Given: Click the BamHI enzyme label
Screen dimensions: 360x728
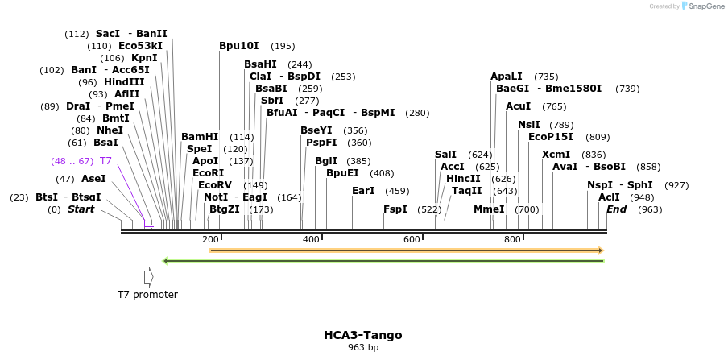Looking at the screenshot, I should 200,137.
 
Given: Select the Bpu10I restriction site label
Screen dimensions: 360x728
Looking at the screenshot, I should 239,46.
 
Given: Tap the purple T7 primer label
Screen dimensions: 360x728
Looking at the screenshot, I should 105,161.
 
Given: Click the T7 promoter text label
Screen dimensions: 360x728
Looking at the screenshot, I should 147,295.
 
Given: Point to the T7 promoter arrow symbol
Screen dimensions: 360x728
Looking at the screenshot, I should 148,277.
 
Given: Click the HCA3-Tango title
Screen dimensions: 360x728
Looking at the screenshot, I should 362,335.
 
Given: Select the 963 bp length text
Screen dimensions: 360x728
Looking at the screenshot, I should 362,347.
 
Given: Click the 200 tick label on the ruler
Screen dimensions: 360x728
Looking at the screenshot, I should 211,239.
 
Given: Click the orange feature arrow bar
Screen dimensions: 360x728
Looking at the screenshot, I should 406,250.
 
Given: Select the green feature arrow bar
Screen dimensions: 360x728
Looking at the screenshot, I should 383,261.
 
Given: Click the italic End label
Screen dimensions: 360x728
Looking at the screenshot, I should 616,209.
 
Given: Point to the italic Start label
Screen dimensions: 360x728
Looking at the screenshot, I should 81,209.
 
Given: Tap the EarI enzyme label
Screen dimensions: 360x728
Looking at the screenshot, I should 364,191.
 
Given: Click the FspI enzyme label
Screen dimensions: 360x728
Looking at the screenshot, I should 395,209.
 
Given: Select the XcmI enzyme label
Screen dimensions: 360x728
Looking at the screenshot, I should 556,155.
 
